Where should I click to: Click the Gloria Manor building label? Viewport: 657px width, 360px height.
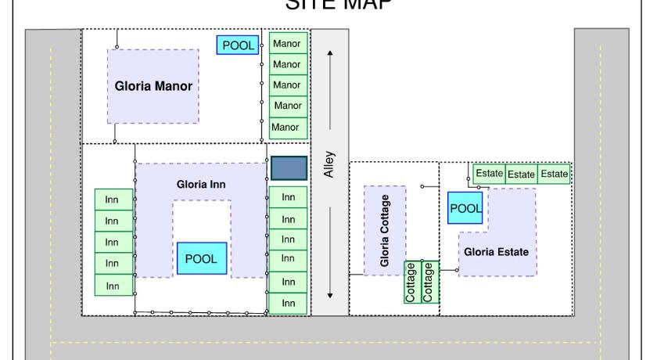click(153, 86)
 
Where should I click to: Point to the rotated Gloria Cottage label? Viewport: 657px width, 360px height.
click(386, 231)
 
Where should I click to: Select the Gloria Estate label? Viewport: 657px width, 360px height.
click(497, 253)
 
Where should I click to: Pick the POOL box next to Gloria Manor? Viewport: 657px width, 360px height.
click(239, 45)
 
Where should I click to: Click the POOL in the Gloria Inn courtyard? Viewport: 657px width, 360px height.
click(201, 257)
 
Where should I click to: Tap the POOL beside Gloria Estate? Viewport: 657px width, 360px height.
click(465, 207)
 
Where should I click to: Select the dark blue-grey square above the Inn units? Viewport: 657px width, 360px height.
click(288, 167)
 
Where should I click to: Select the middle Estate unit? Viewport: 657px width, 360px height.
click(521, 174)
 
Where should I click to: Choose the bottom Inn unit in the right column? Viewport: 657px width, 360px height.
click(288, 302)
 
